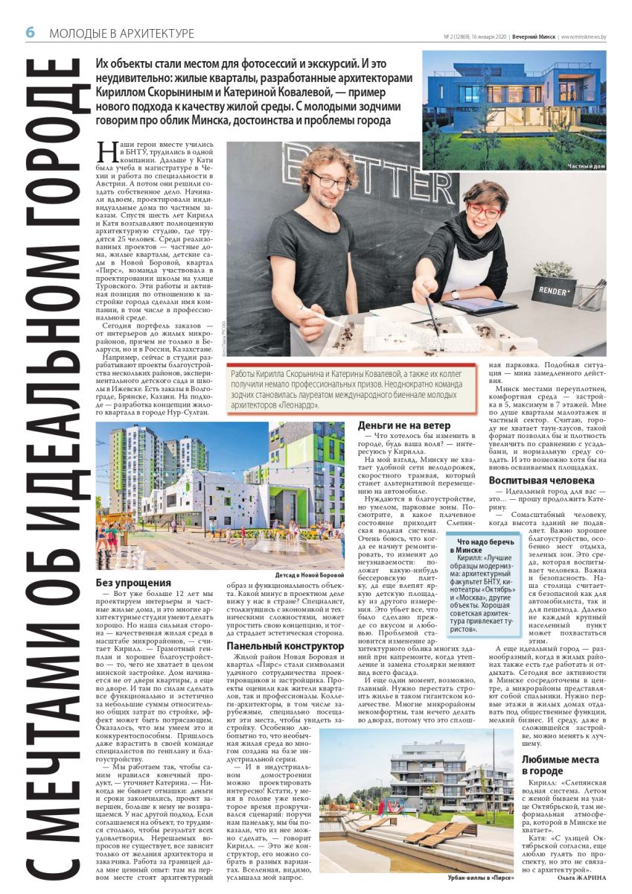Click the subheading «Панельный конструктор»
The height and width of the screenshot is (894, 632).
click(285, 646)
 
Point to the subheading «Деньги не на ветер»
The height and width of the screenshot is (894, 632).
click(406, 425)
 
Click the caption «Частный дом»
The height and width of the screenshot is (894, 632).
click(587, 165)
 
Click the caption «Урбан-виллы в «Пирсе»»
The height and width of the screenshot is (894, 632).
click(481, 878)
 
